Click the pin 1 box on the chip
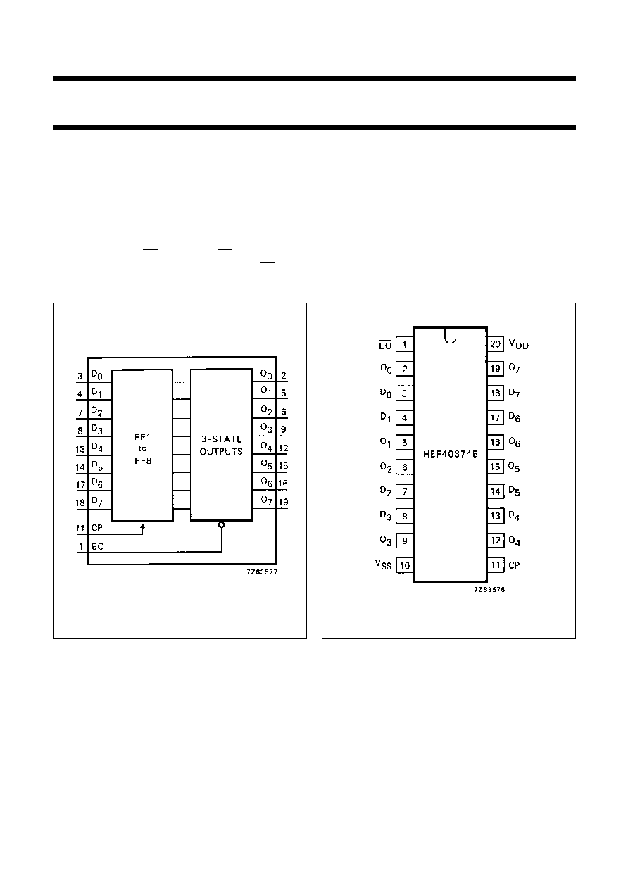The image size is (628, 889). pos(405,344)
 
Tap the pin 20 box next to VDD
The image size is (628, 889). pos(496,344)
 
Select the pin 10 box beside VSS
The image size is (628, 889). pos(405,565)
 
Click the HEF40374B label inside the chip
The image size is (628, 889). pos(451,454)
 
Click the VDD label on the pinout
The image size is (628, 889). pos(518,344)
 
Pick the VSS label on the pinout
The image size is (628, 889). pos(384,565)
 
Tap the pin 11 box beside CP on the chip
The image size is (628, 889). pos(496,565)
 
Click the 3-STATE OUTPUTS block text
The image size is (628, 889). pos(221,446)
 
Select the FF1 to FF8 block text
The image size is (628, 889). pos(142,449)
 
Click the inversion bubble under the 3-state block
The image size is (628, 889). pos(222,524)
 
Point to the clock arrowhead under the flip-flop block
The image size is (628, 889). pos(143,527)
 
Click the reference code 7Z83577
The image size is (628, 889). pos(262,572)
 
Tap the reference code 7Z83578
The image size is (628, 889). pos(489,590)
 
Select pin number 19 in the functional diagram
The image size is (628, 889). pos(283,502)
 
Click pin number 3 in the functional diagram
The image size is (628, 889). pos(80,377)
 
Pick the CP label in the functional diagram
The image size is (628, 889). pos(97,528)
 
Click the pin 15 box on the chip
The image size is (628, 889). pos(496,467)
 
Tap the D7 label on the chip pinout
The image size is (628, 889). pos(514,393)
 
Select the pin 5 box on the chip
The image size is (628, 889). pos(405,443)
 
